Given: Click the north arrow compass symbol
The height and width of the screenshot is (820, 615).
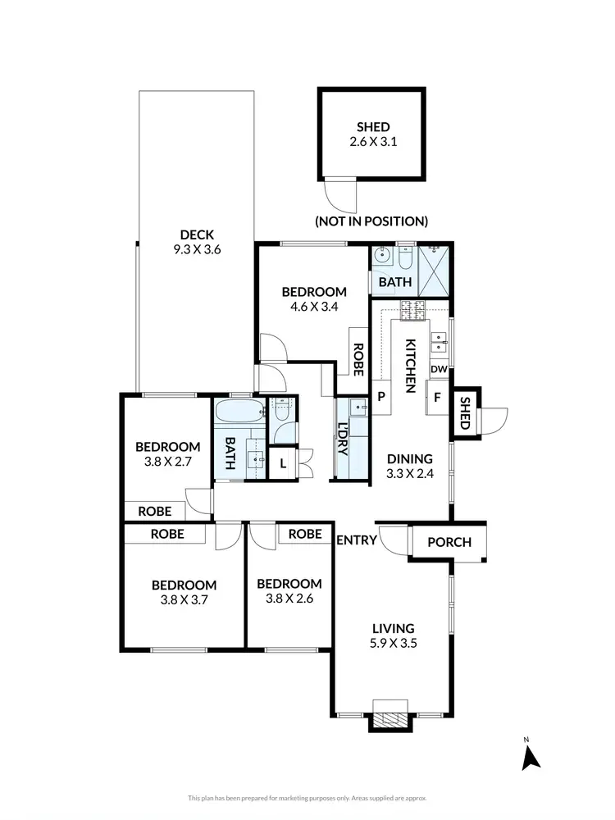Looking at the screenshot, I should (x=531, y=756).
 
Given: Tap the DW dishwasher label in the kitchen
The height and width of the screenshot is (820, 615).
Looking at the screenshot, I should (x=439, y=370).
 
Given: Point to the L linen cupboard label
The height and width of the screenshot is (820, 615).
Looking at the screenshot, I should (x=283, y=463).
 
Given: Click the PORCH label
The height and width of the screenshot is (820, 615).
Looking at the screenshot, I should (x=450, y=542).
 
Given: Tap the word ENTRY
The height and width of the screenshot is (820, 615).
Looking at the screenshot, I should (x=356, y=540).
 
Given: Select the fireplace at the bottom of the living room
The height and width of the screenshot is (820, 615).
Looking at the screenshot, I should (x=389, y=717).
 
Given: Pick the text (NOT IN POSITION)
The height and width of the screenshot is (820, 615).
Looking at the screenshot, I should (x=371, y=221).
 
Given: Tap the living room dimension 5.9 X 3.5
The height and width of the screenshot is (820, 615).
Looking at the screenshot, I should (x=391, y=644).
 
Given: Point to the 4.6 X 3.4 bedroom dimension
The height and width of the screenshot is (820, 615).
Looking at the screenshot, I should (x=314, y=307).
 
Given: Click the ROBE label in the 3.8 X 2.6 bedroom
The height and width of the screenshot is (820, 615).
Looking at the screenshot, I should (x=304, y=534).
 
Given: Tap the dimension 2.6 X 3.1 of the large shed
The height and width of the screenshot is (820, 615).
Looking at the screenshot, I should (x=372, y=142).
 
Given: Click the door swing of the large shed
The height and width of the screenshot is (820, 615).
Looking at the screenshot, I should (x=338, y=194).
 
